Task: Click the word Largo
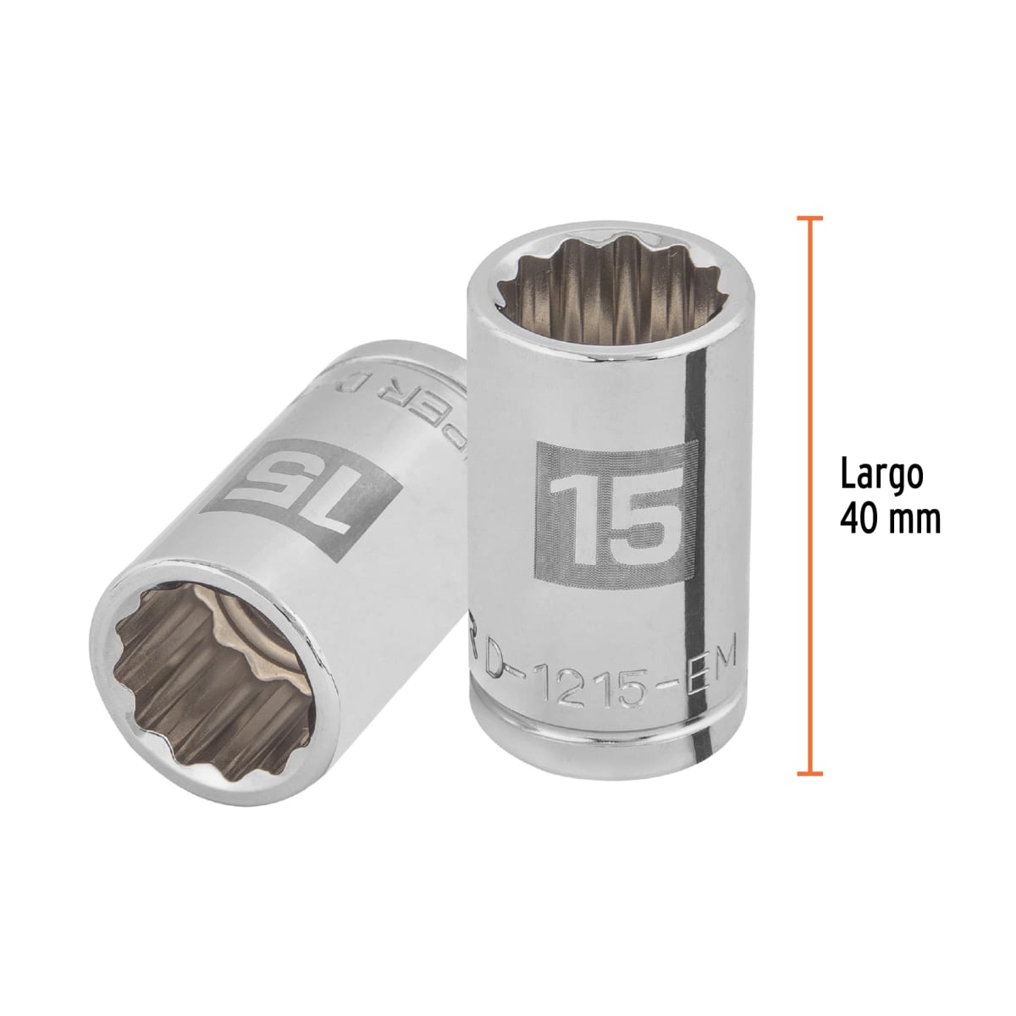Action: click(x=881, y=475)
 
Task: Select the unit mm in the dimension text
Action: click(x=915, y=518)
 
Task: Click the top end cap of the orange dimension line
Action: click(x=810, y=218)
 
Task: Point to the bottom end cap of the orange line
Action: click(x=810, y=773)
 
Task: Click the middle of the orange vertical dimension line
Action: click(x=810, y=495)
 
